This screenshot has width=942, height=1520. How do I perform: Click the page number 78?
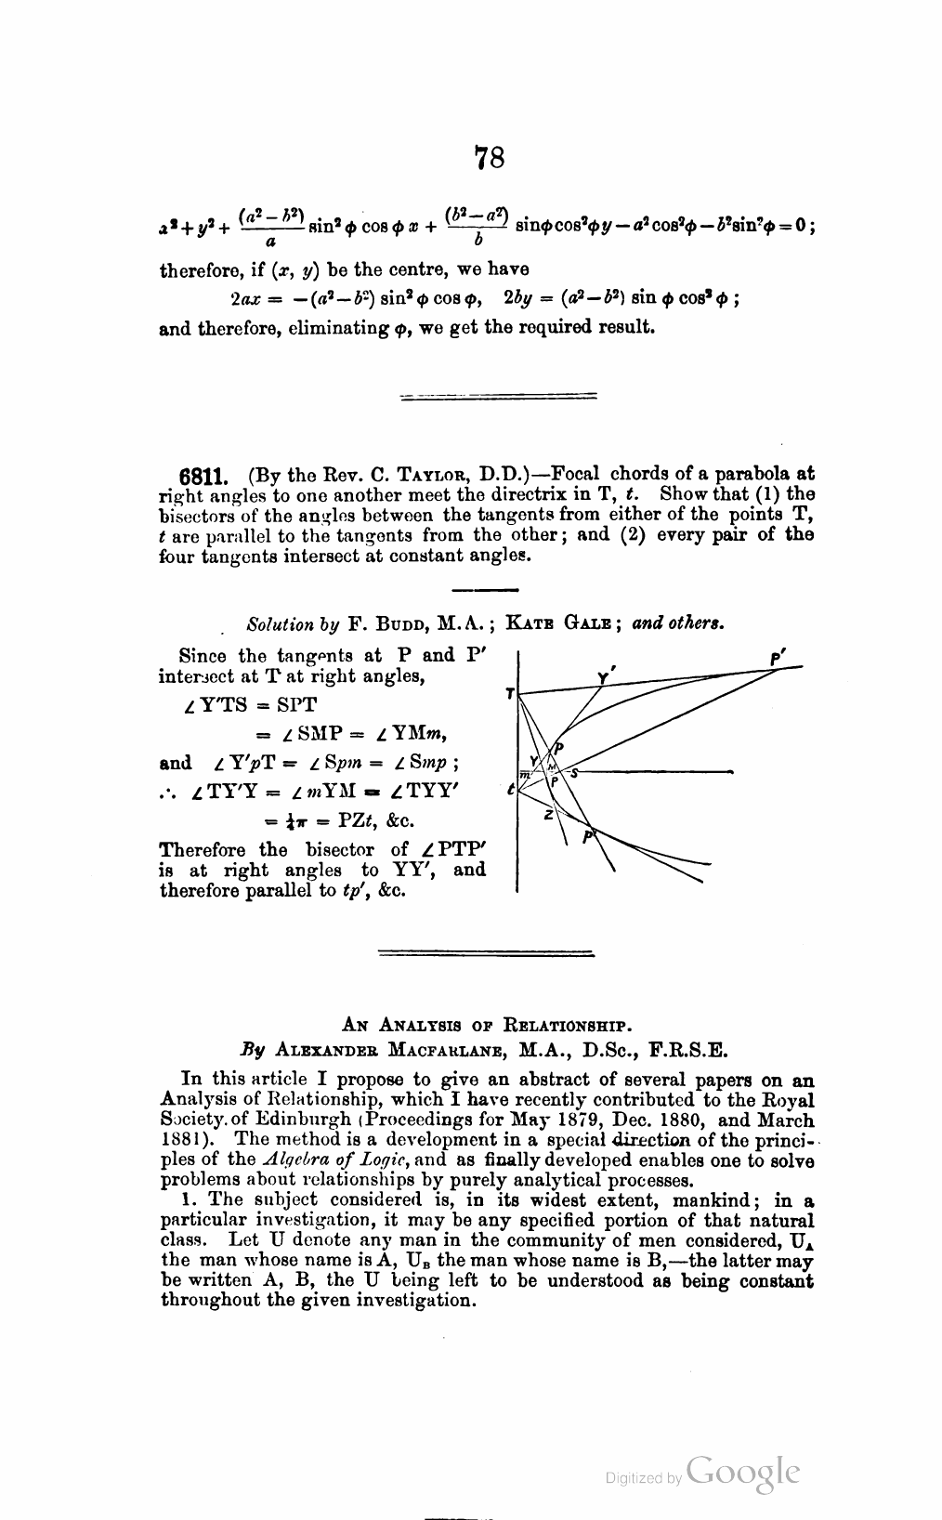490,158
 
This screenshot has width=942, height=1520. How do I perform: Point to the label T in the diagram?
509,694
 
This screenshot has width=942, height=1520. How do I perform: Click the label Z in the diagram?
549,815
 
